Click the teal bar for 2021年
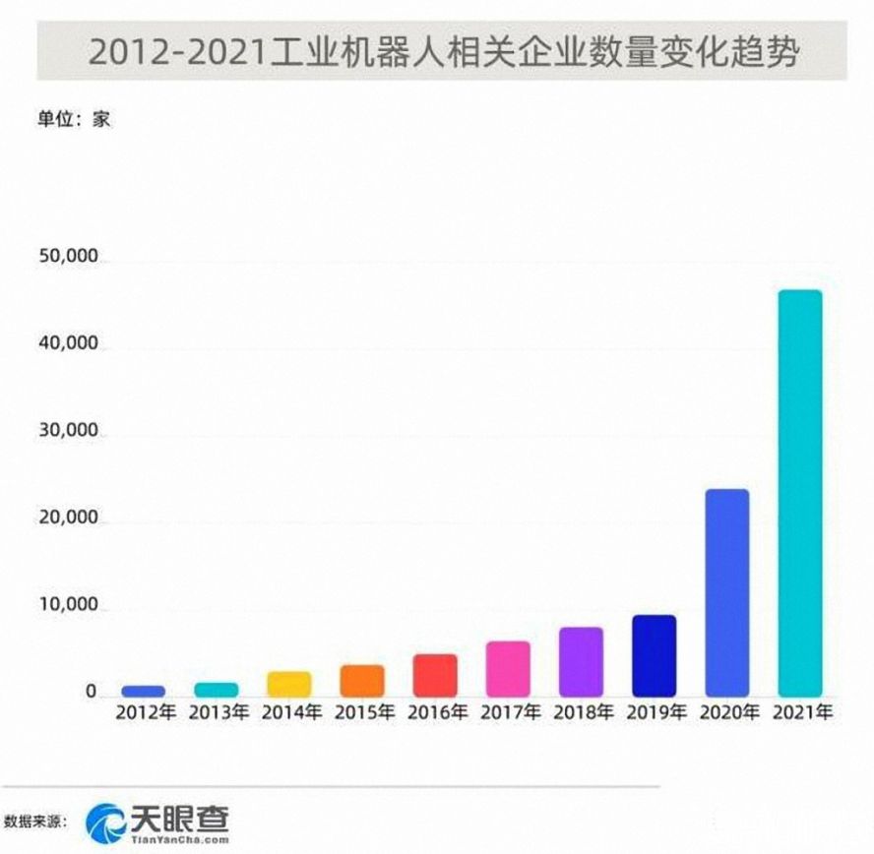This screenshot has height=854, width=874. (799, 492)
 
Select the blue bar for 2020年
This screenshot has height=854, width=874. (726, 591)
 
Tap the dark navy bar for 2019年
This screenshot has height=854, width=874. (654, 654)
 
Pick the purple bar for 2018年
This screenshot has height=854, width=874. (581, 660)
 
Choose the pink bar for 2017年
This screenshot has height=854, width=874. (508, 667)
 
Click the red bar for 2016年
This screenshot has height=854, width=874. (435, 674)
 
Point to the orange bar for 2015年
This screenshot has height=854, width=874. (362, 679)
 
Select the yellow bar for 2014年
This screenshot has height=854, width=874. (289, 683)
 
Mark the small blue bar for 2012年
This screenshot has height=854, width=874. (144, 691)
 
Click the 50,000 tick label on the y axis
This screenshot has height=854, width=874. (68, 258)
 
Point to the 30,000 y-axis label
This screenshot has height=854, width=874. (68, 431)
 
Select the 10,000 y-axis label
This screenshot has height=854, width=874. (68, 605)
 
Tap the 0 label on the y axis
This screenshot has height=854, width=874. (91, 693)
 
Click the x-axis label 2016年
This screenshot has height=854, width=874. (435, 712)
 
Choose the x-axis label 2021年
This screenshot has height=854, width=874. (799, 712)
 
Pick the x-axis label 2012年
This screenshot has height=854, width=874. (144, 712)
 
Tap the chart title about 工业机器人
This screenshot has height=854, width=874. (443, 49)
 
